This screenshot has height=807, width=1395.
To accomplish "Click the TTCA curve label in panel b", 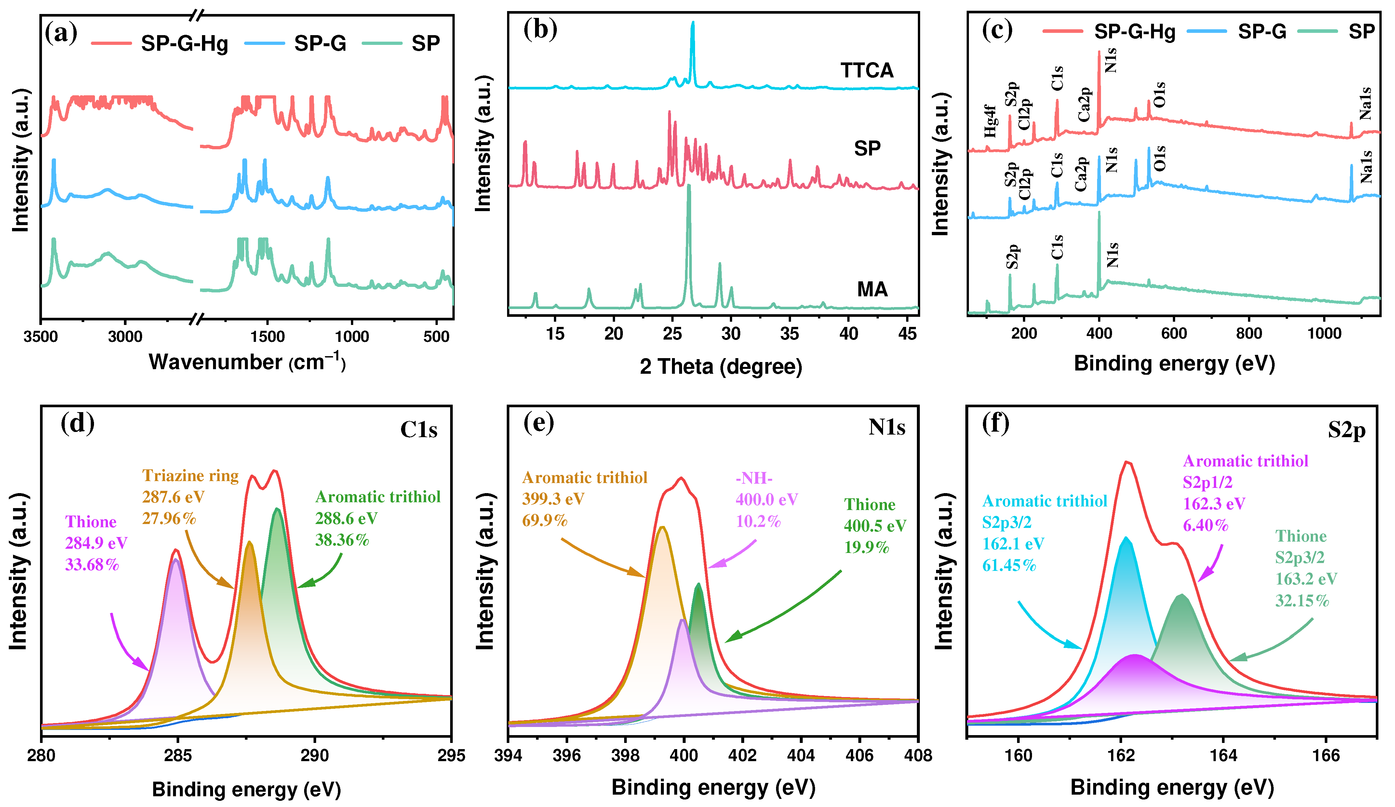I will (x=866, y=71).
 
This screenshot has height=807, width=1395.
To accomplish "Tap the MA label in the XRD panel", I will (x=872, y=289).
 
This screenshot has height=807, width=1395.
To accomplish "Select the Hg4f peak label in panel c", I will (x=990, y=121).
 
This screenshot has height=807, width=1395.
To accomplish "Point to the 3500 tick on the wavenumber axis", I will (x=40, y=337).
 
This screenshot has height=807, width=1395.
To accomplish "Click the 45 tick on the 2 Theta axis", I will (x=908, y=334).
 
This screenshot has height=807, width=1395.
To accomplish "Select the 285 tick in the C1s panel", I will (x=178, y=756).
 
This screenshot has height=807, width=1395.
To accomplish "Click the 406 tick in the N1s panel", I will (x=860, y=756).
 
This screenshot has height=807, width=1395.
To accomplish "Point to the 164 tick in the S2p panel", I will (x=1223, y=756).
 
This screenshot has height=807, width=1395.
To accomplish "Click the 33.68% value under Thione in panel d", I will (x=92, y=565).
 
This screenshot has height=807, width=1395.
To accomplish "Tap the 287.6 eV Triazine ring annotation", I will (x=173, y=497).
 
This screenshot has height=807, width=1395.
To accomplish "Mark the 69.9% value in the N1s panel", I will (x=545, y=520).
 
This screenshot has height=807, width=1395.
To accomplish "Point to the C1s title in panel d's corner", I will (x=419, y=429).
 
